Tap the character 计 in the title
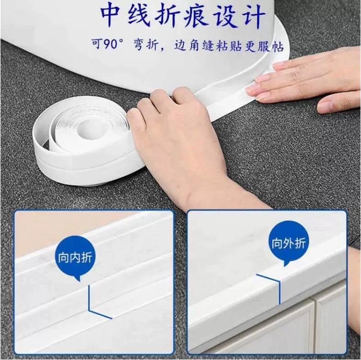click(x=255, y=17)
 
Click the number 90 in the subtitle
click(x=110, y=44)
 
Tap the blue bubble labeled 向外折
click(x=289, y=243)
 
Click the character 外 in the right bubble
click(x=289, y=243)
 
